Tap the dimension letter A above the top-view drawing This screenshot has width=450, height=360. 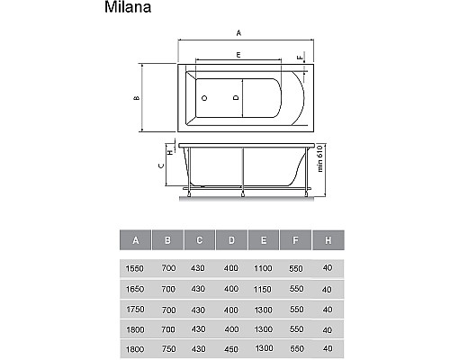tap(238, 31)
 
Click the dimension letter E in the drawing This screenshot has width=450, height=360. tap(238, 56)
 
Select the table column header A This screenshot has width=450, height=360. tap(135, 240)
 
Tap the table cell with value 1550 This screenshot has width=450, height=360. tap(135, 268)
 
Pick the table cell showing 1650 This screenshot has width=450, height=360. tap(135, 289)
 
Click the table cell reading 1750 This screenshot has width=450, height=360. tap(135, 309)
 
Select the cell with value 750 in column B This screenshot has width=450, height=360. tap(166, 347)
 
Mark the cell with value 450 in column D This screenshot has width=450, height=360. tap(230, 347)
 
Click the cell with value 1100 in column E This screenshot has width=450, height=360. tap(263, 268)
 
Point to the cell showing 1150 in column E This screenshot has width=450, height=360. tap(263, 289)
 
